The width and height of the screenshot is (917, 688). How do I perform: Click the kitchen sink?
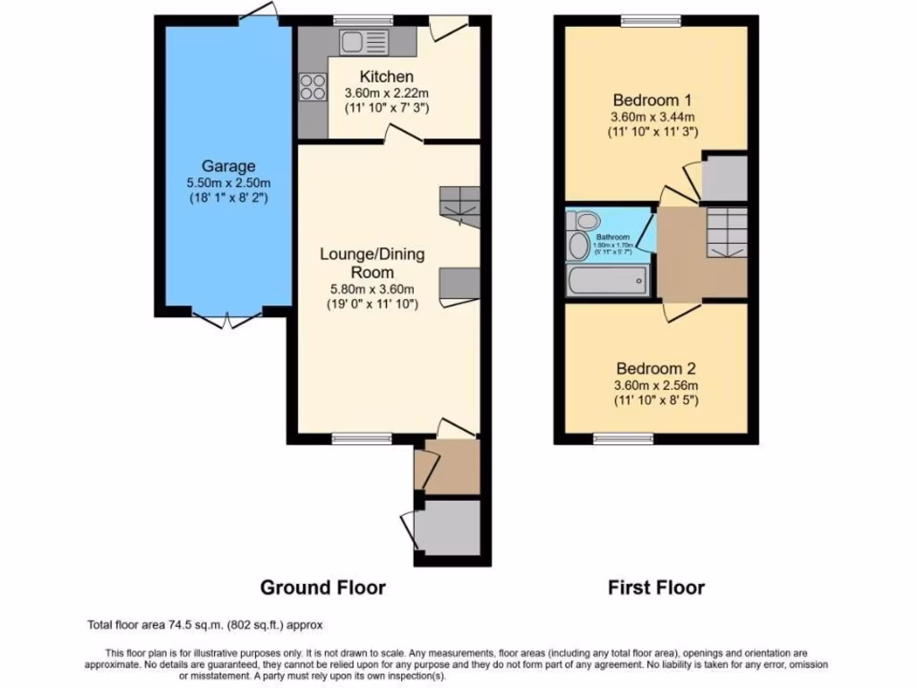click(362, 41)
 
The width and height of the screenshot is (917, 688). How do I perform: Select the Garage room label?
click(227, 166)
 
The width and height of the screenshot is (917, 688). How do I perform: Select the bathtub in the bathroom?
click(607, 281)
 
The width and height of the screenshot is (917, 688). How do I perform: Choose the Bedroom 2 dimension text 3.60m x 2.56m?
click(655, 385)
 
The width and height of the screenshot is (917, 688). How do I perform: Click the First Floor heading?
click(656, 588)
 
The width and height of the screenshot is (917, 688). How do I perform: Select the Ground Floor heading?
click(322, 588)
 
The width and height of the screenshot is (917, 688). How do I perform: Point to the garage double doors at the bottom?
click(227, 318)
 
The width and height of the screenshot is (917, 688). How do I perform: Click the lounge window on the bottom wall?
click(361, 438)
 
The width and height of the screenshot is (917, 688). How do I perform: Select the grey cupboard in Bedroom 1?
click(724, 177)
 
